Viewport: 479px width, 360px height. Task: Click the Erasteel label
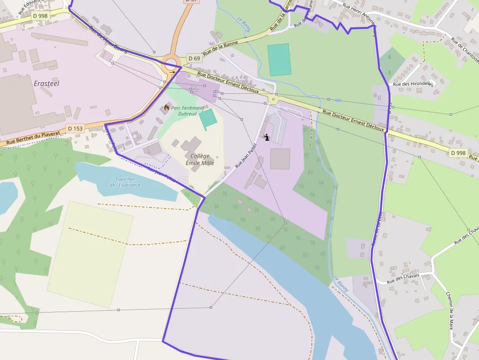[47, 84]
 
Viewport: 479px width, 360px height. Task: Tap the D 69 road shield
[194, 59]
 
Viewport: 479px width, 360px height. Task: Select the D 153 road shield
[76, 128]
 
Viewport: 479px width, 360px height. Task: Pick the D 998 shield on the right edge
[458, 153]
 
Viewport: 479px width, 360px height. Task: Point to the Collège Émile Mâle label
[199, 159]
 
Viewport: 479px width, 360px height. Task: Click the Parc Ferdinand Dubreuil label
[187, 110]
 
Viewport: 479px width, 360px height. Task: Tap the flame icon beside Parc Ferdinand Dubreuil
[166, 107]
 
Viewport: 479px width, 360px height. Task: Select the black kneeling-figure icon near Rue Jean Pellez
[266, 137]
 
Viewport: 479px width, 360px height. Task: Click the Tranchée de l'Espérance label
[125, 182]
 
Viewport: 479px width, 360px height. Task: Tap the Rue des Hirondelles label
[413, 84]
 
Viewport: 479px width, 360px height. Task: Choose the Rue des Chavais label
[403, 278]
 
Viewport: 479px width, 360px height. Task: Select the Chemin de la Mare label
[450, 311]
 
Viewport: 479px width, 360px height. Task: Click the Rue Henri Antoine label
[359, 14]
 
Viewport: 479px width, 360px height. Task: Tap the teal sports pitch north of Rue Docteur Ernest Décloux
[279, 60]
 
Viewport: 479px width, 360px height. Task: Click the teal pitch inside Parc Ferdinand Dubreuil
[207, 119]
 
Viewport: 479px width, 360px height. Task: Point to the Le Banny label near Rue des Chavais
[341, 284]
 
